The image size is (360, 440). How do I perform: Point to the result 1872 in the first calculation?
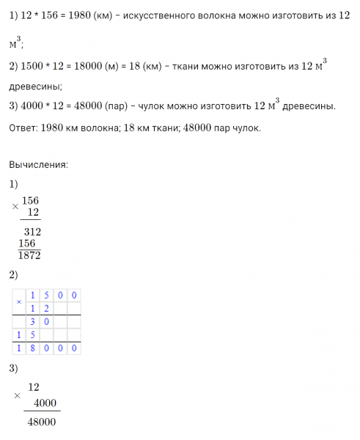[30, 254]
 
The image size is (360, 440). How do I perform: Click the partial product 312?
[32, 232]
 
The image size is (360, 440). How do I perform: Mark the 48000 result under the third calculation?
[40, 423]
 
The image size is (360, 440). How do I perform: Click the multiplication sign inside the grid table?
[19, 302]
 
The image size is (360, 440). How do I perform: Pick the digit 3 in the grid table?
[32, 321]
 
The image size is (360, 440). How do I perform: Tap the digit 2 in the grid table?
[45, 309]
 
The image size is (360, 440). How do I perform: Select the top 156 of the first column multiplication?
[31, 200]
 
